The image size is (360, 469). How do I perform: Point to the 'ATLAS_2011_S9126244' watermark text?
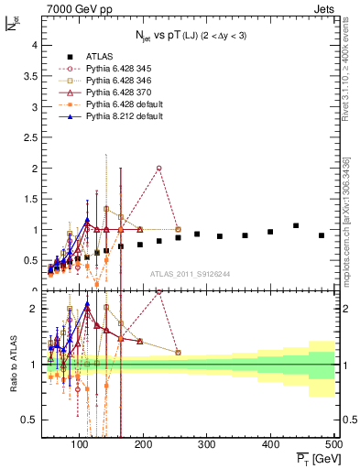(x=190, y=272)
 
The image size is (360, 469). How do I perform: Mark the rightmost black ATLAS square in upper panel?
(x=321, y=235)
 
